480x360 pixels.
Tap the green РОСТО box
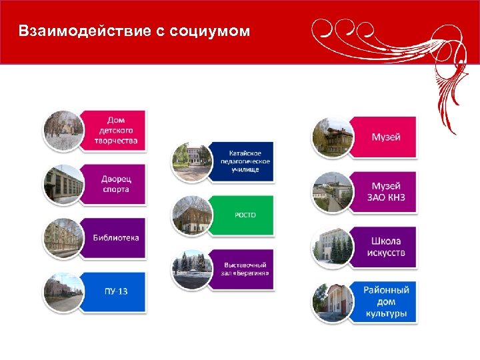244,215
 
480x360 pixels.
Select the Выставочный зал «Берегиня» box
244,269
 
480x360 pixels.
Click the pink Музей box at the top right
385,137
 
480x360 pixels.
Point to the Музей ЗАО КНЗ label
385,191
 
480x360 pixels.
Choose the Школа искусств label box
385,246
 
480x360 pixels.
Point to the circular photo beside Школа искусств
332,247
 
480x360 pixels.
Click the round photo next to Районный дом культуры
332,302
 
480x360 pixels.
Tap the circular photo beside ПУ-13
64,293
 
